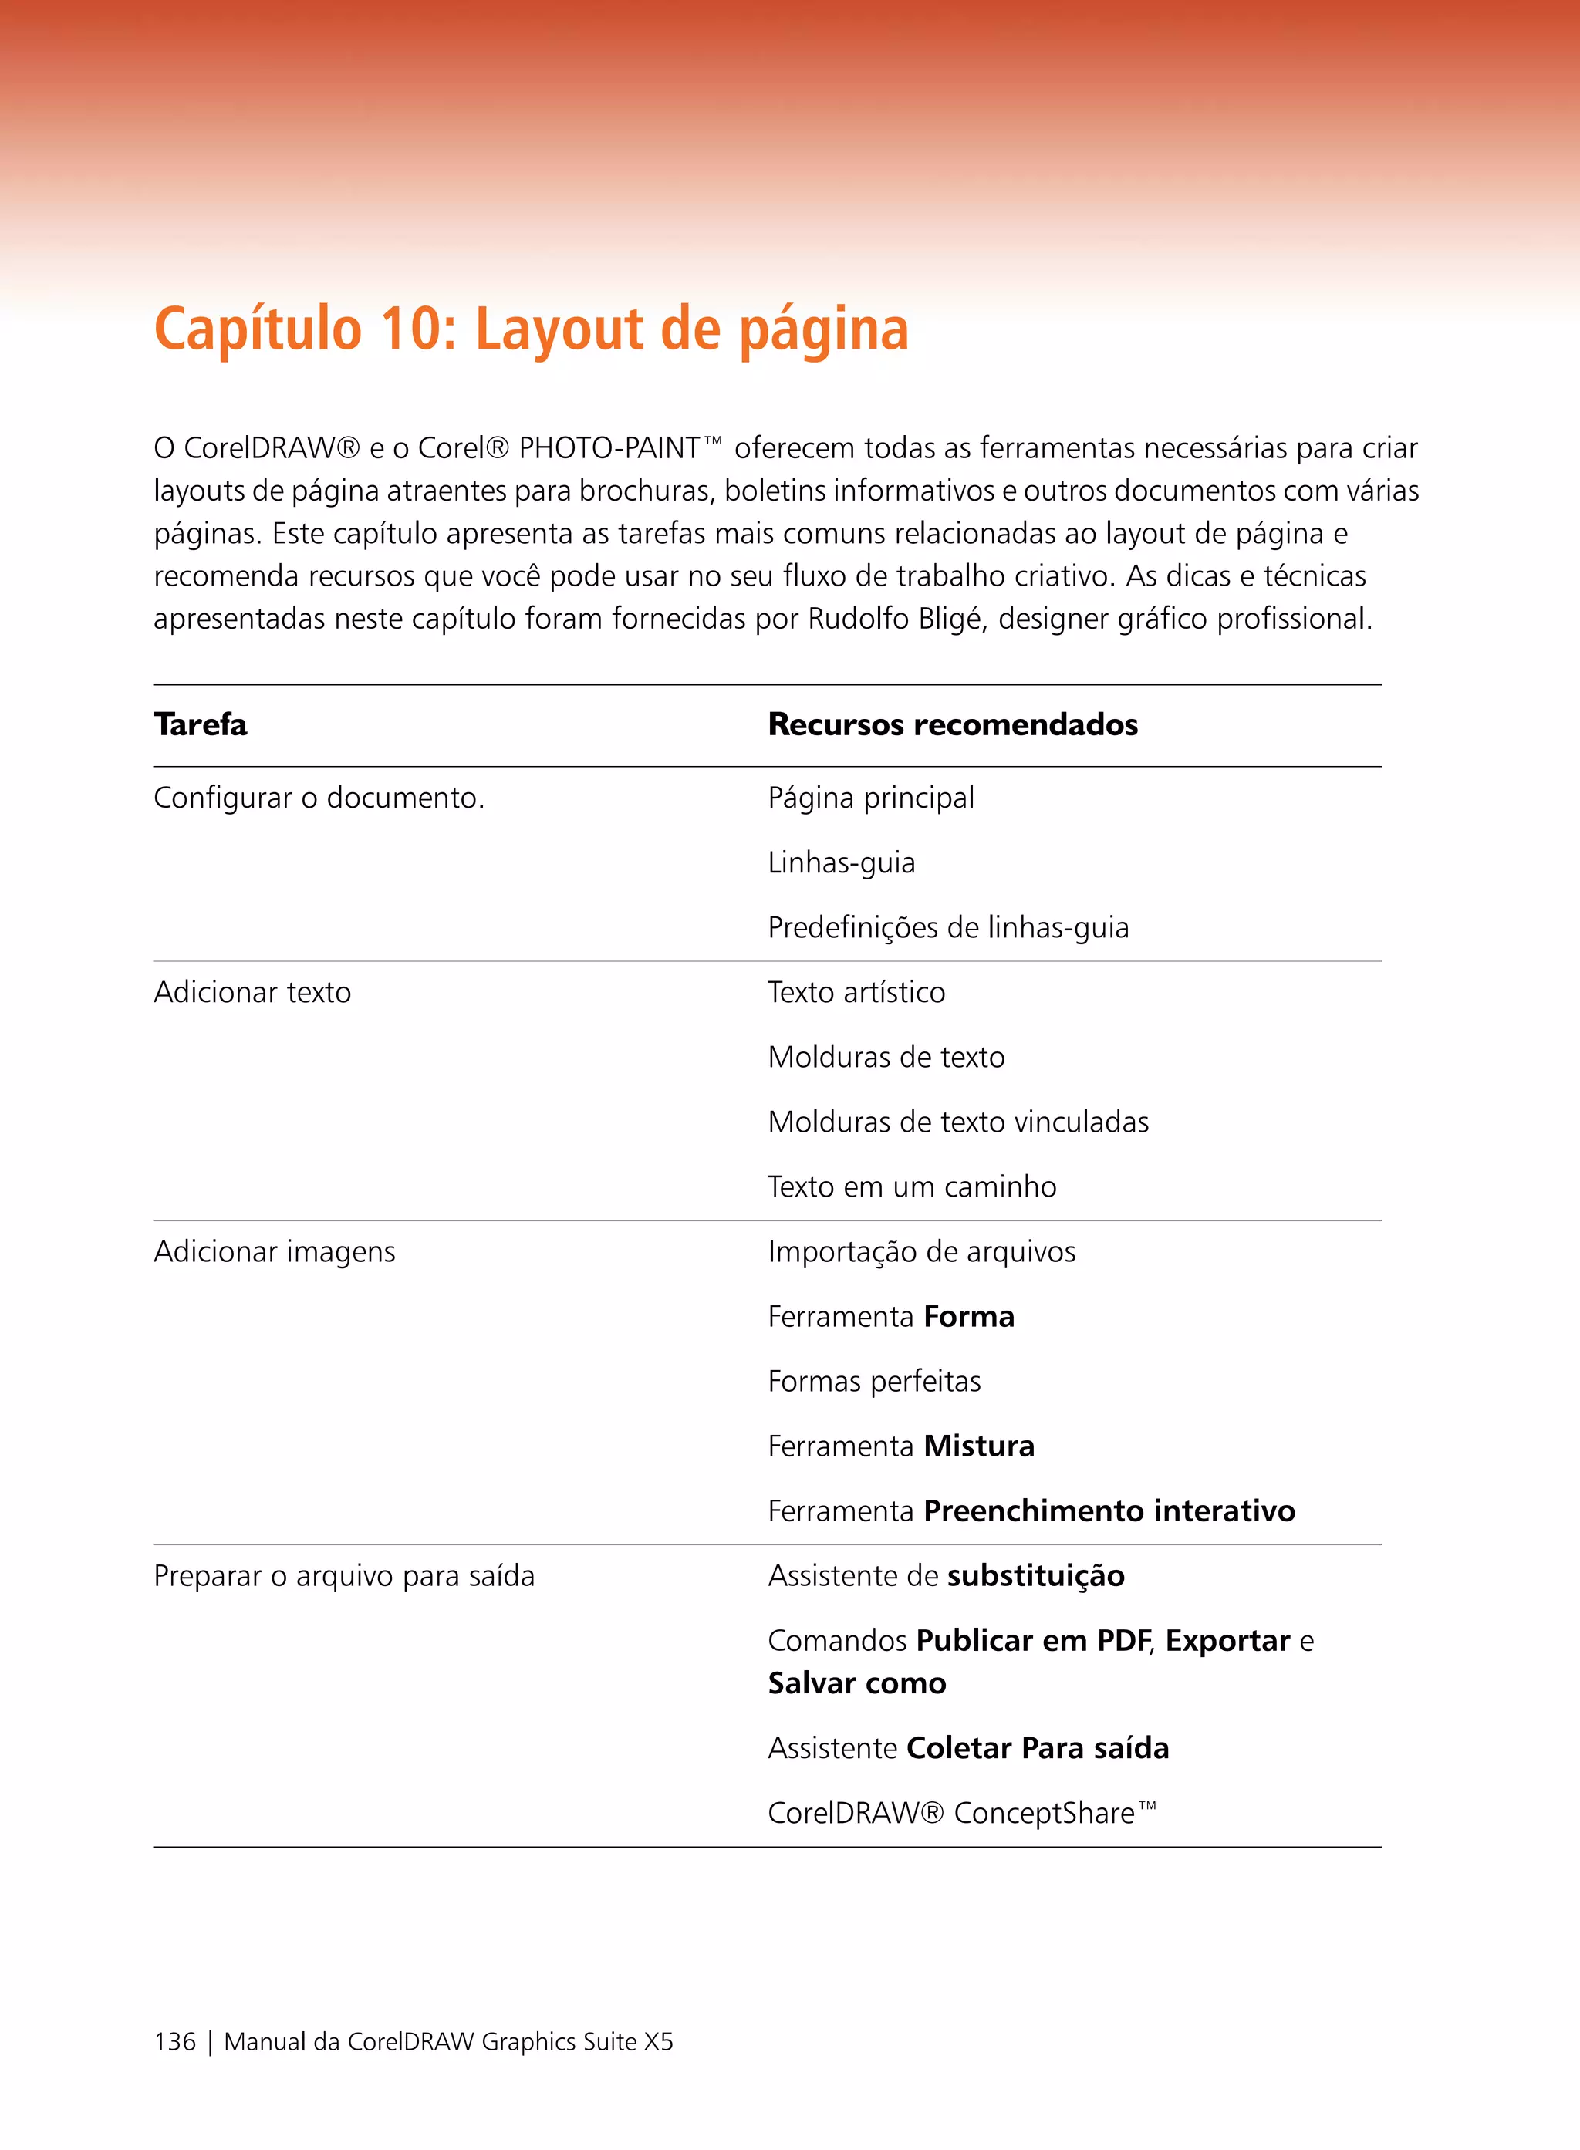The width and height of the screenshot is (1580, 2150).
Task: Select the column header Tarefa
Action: tap(200, 725)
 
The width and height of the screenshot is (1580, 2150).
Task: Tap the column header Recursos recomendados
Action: tap(953, 725)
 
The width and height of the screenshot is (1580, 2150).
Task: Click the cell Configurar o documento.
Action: tap(319, 798)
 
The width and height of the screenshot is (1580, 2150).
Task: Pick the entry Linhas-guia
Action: tap(841, 862)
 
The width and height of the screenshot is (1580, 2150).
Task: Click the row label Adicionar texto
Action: tap(252, 993)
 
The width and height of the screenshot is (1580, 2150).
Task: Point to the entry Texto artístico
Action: tap(856, 993)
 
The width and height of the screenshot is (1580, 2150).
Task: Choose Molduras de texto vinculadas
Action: tap(957, 1122)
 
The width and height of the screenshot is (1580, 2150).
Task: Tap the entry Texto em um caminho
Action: tap(911, 1187)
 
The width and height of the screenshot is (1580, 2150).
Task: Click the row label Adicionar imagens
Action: tap(275, 1252)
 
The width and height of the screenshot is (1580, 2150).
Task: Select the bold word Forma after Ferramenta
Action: tap(969, 1317)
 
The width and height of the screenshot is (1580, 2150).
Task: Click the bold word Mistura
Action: tap(978, 1446)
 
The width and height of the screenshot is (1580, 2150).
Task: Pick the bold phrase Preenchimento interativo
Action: tap(1109, 1511)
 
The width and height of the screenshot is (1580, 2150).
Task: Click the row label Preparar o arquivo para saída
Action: tap(344, 1576)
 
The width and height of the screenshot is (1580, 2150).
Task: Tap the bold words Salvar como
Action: tap(857, 1683)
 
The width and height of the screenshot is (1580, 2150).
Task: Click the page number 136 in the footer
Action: tap(175, 2042)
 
